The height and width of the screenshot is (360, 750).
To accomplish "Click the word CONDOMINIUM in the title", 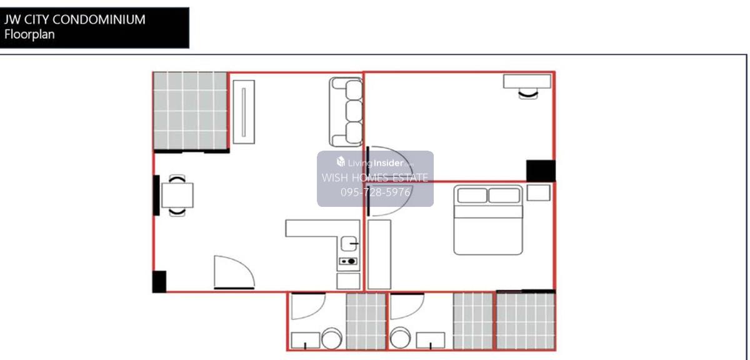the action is click(99, 19).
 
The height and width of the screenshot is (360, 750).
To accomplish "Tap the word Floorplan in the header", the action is click(29, 34).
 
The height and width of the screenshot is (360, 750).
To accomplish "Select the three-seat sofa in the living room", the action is click(346, 112).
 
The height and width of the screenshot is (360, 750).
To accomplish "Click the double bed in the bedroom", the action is click(488, 220).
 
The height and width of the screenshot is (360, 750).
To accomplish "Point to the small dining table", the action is click(177, 195).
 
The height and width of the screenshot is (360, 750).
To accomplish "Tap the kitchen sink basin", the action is click(349, 244).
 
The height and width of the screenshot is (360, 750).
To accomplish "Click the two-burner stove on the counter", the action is click(348, 261).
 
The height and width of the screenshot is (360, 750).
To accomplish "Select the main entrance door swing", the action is click(234, 272).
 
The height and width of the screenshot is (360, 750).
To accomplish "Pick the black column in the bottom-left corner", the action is click(159, 282).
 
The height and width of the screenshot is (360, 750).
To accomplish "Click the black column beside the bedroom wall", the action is click(541, 171).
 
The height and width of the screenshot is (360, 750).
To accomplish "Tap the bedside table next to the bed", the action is click(538, 192).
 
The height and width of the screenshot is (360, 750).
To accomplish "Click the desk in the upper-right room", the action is click(527, 81).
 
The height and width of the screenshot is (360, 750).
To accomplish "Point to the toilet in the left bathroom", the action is click(331, 338).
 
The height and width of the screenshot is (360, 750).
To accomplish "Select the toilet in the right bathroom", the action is click(400, 338).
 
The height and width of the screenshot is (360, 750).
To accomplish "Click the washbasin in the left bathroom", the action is click(306, 341).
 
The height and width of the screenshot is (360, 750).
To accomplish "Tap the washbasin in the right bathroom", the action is click(431, 341).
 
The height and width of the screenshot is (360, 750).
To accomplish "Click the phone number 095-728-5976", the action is click(376, 192).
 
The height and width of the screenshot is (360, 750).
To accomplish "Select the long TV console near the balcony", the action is click(244, 112).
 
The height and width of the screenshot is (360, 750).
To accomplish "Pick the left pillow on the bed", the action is click(472, 196).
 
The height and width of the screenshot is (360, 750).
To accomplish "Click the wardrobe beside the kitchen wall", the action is click(379, 254).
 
